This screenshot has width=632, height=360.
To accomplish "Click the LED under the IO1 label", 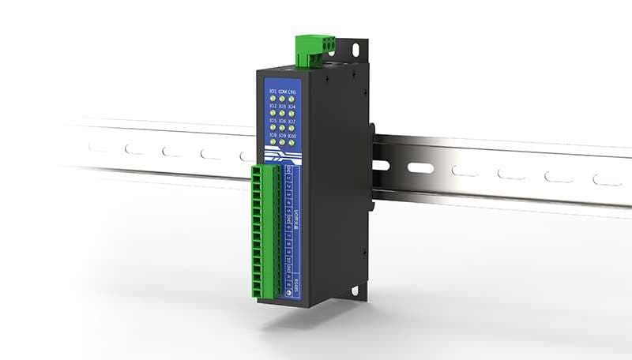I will tap(273, 99).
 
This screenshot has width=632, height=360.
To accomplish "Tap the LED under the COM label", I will tap(282, 99).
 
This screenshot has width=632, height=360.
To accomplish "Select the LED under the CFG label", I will tap(292, 100).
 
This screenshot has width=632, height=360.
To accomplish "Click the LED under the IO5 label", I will tap(273, 127).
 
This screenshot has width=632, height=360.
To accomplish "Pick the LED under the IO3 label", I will tap(282, 114).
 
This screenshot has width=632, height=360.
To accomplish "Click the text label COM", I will tap(282, 92).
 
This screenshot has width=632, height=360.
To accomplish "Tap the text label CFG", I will tap(292, 92).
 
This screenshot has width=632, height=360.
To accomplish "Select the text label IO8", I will tap(273, 135).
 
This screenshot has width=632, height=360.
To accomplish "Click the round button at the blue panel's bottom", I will tap(288, 292).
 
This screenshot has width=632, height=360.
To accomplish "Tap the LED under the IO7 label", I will tap(292, 129).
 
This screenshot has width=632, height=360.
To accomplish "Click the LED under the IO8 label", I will tap(273, 142).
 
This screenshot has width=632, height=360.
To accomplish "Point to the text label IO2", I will tap(273, 107).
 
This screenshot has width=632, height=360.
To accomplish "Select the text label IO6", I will tap(282, 121).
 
